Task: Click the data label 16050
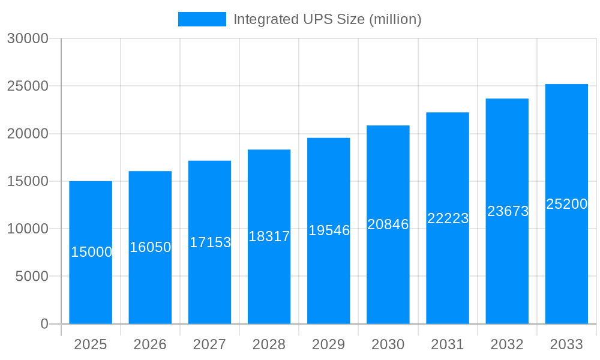tap(150, 247)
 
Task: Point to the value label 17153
tap(210, 242)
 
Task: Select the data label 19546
tap(329, 230)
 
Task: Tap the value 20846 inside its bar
tap(388, 224)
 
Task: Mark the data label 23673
tap(508, 211)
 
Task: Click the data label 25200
tap(566, 204)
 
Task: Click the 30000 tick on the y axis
tap(28, 38)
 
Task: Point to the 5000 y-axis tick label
tap(31, 276)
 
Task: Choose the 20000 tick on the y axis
tap(28, 134)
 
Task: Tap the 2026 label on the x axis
tap(150, 344)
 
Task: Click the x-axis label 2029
tap(329, 344)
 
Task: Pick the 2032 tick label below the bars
tap(507, 344)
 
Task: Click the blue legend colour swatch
tap(202, 19)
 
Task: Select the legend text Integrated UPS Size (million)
tap(327, 19)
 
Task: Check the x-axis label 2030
tap(388, 344)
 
